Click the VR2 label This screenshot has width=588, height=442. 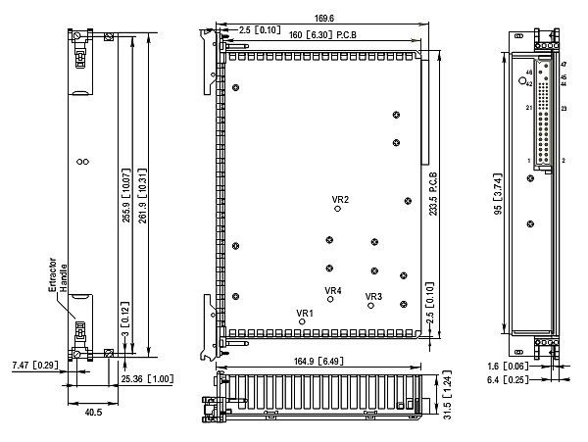[x=341, y=199]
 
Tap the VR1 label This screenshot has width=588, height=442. [x=305, y=314]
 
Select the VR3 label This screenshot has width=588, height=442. [x=373, y=296]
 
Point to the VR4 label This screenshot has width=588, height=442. [x=333, y=290]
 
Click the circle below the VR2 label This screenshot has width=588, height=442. [x=338, y=208]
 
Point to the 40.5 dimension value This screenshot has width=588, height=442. [x=93, y=413]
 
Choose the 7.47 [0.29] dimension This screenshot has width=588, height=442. [x=32, y=365]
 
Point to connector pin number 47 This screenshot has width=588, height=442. [x=563, y=65]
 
